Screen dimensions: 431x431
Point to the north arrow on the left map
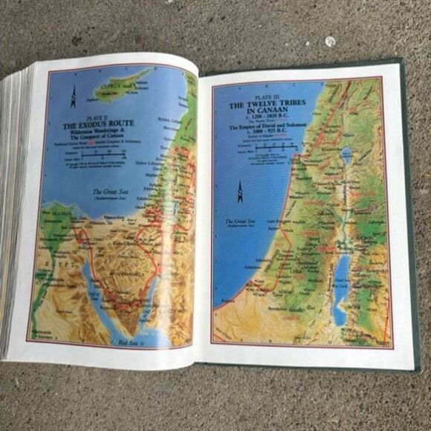click(73, 94)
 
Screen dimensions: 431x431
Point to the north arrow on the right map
click(239, 191)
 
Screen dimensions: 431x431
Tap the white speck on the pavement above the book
click(329, 42)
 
